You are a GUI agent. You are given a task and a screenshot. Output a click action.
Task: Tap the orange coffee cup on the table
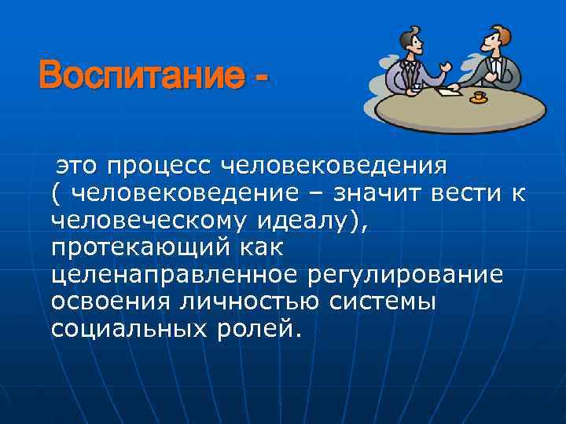pyautogui.click(x=478, y=97)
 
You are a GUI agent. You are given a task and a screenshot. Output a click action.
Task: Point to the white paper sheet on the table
pyautogui.click(x=448, y=92)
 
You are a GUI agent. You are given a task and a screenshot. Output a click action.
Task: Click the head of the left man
pyautogui.click(x=409, y=39)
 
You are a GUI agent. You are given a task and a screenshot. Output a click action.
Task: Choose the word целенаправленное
pyautogui.click(x=174, y=275)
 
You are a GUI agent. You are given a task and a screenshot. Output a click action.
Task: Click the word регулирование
pyautogui.click(x=409, y=275)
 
